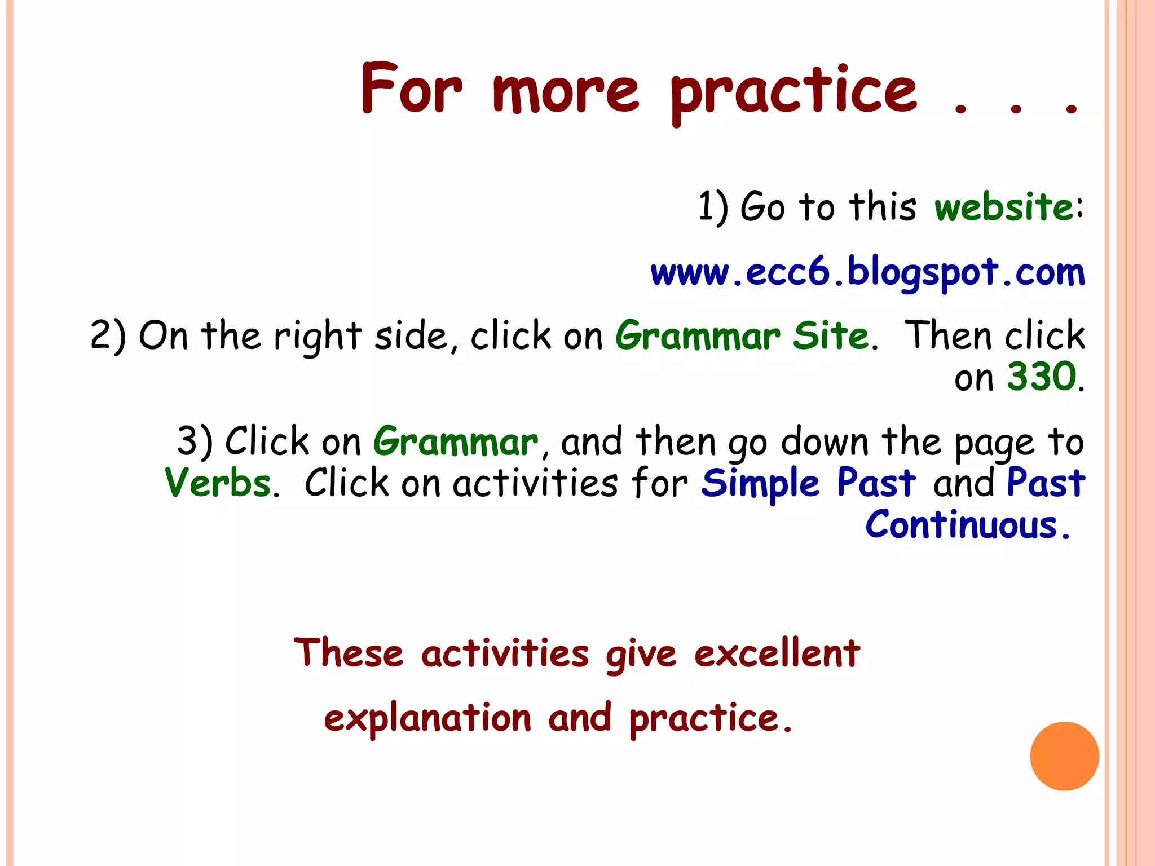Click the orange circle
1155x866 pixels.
tap(1064, 756)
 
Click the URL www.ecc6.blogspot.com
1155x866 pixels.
tap(867, 273)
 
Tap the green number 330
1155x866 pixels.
tap(1042, 377)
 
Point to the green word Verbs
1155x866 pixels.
tap(218, 483)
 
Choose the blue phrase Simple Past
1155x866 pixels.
tap(808, 483)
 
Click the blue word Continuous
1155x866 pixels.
tap(961, 525)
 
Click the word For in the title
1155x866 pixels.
tap(412, 89)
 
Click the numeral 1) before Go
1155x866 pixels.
tap(712, 207)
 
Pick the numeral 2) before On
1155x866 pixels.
tap(108, 336)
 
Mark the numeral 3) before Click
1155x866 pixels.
tap(195, 441)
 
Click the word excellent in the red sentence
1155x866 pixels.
tap(777, 653)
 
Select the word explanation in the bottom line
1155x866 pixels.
tap(427, 719)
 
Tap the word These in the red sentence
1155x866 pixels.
tap(349, 653)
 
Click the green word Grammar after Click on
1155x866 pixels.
tap(456, 441)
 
